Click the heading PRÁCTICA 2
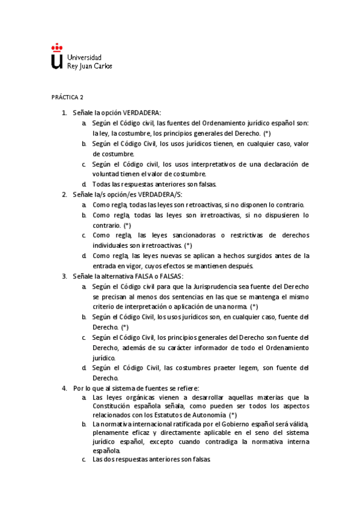pos(67,97)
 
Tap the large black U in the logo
pos(56,61)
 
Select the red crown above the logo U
pos(56,47)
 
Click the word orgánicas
pos(139,398)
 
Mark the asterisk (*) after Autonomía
pos(233,414)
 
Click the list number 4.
pos(64,388)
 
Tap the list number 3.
pos(64,275)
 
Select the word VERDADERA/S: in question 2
pos(162,194)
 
